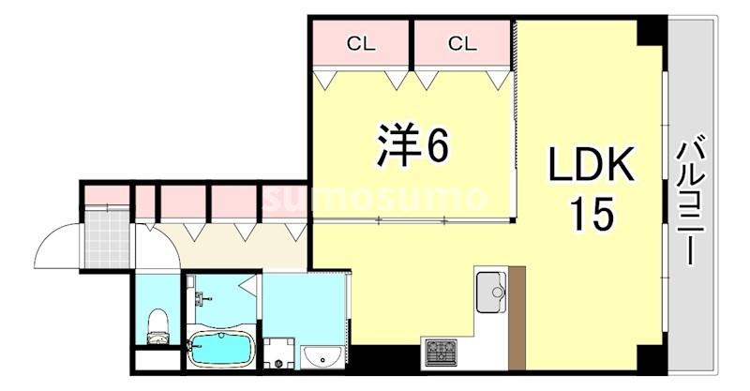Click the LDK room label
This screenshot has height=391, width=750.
tap(592, 166)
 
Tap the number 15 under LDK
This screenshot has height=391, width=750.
tap(592, 215)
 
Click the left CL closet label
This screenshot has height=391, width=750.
tap(361, 42)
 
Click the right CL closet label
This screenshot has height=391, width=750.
tap(461, 42)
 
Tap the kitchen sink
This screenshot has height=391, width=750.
tap(490, 292)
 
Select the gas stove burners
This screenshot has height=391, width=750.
tap(441, 353)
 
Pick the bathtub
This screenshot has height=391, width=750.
tap(221, 350)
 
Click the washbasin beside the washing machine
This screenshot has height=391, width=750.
tap(323, 355)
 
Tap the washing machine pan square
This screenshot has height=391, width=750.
tap(278, 353)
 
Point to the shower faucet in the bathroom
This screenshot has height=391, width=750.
tap(201, 299)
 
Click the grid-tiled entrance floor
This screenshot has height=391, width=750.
tap(107, 239)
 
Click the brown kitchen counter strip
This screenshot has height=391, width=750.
tap(517, 319)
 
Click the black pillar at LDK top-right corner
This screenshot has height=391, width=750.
tap(651, 31)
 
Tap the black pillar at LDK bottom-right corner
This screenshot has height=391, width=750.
tap(651, 359)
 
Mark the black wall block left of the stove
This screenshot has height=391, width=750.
tap(384, 358)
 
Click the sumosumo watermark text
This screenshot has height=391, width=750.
tap(375, 198)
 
